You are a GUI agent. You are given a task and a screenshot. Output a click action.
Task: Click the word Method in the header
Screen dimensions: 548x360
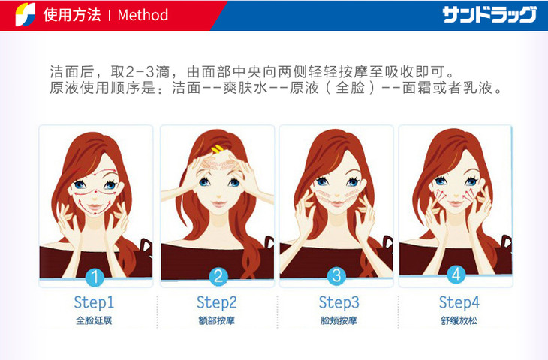(x=143, y=15)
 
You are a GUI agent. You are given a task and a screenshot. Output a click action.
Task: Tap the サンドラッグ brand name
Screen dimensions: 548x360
(x=489, y=15)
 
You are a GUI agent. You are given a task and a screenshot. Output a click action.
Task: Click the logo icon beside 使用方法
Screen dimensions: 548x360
(x=26, y=14)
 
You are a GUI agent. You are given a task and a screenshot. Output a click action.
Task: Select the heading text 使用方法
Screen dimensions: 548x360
(x=72, y=15)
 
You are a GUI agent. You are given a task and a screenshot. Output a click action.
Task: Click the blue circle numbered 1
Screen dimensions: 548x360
(x=95, y=277)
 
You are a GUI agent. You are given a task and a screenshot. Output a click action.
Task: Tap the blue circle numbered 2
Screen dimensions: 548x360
(x=218, y=277)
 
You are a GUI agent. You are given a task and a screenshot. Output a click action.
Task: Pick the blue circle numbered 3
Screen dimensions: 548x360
(x=336, y=275)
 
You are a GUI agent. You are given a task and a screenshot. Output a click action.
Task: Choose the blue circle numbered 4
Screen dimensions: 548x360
(x=456, y=274)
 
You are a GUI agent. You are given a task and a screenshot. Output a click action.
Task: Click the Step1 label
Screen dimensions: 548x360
(x=94, y=302)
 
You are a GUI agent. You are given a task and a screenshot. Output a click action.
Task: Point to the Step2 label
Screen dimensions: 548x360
(x=217, y=302)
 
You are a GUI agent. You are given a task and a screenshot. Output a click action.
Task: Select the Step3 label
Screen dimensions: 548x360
(x=339, y=302)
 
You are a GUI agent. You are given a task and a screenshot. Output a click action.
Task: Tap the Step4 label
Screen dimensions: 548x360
(x=459, y=302)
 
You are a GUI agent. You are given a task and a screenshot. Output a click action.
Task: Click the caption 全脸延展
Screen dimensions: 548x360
(x=94, y=320)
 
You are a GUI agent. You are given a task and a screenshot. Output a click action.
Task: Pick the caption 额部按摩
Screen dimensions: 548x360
(x=217, y=320)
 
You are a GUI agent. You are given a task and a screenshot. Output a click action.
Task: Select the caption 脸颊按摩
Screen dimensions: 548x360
(x=339, y=320)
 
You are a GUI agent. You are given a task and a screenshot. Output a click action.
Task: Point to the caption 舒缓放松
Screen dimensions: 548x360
(x=459, y=320)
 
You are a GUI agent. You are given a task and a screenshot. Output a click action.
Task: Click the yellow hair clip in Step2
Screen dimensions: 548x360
(x=218, y=149)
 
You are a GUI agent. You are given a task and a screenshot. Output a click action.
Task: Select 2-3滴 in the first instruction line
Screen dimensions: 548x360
(x=147, y=72)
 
